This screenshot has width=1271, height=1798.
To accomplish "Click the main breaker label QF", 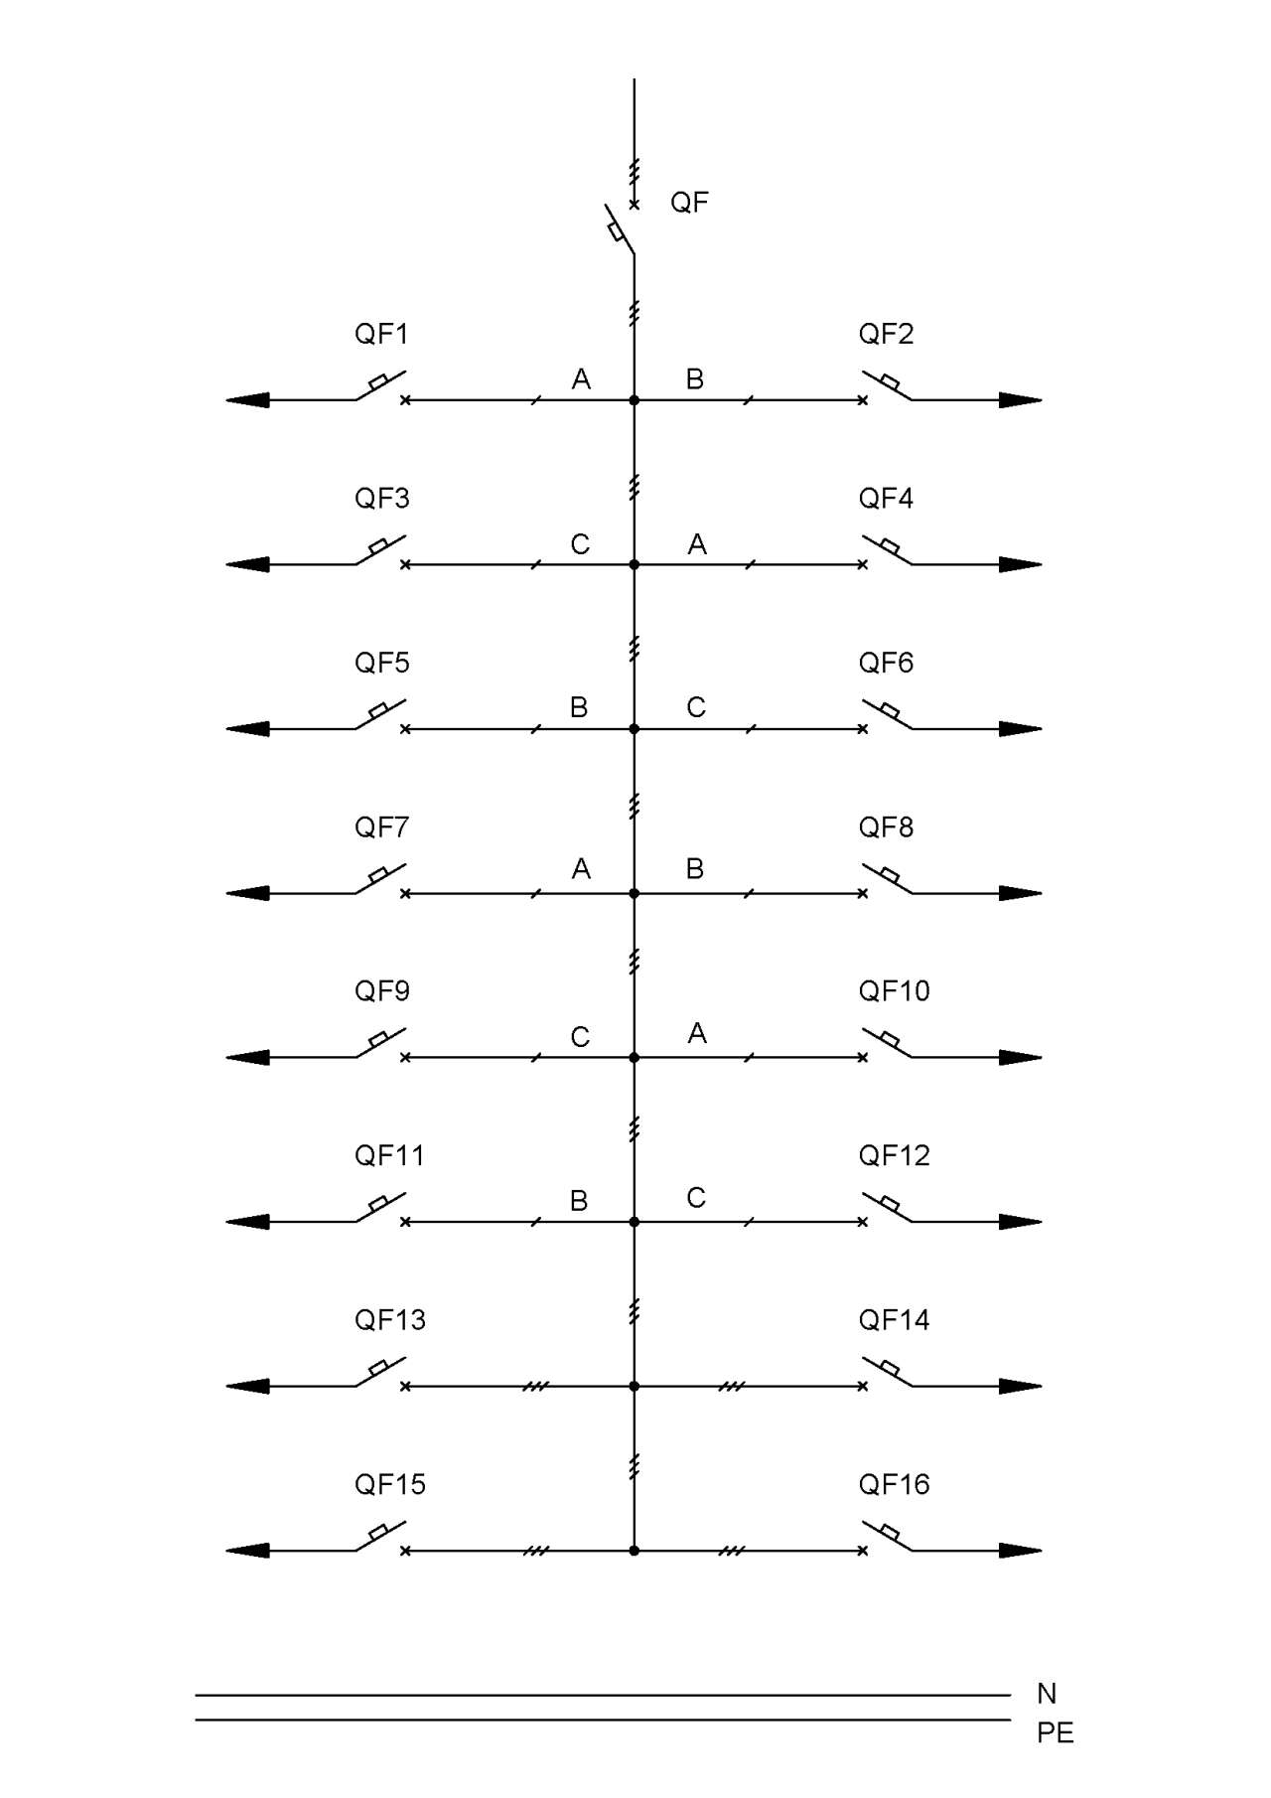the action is pyautogui.click(x=689, y=203).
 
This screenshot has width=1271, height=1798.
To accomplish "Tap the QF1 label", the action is pyautogui.click(x=381, y=334).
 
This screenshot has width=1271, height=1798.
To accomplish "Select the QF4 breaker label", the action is pyautogui.click(x=886, y=498).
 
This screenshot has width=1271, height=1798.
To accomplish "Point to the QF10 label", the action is pyautogui.click(x=894, y=990).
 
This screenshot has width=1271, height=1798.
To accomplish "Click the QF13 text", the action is pyautogui.click(x=390, y=1319).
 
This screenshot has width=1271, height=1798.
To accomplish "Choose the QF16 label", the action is pyautogui.click(x=894, y=1484).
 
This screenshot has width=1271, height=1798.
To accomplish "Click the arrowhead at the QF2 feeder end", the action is pyautogui.click(x=1021, y=400).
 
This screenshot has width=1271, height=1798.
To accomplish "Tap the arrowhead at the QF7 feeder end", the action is pyautogui.click(x=247, y=893).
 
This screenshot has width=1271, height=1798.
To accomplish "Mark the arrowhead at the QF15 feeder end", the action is pyautogui.click(x=247, y=1550).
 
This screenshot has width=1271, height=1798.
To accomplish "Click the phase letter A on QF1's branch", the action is pyautogui.click(x=581, y=378).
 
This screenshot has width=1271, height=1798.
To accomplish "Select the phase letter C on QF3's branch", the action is pyautogui.click(x=580, y=544).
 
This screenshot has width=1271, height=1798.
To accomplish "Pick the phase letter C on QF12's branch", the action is pyautogui.click(x=696, y=1198).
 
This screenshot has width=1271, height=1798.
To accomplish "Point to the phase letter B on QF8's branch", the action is pyautogui.click(x=695, y=869).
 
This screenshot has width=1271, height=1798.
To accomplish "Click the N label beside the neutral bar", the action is pyautogui.click(x=1047, y=1694).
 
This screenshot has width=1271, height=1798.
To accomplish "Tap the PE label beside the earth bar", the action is pyautogui.click(x=1056, y=1733).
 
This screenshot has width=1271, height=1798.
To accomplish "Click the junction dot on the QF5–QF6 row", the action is pyautogui.click(x=635, y=729).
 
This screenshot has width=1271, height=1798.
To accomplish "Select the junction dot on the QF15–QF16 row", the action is pyautogui.click(x=635, y=1550).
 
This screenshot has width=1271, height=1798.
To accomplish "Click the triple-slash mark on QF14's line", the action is pyautogui.click(x=732, y=1386).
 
